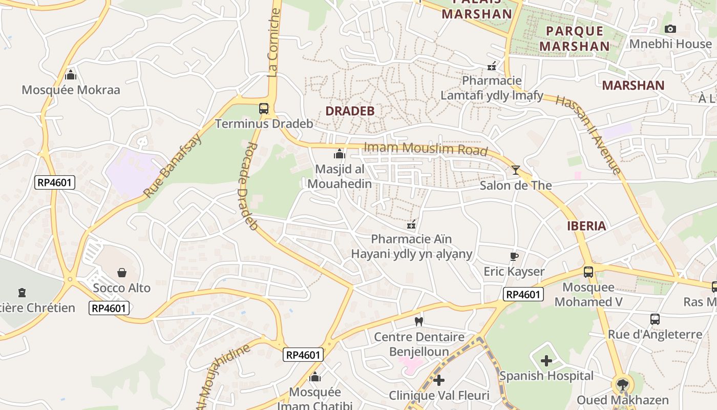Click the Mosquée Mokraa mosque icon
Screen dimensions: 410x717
pyautogui.click(x=71, y=75)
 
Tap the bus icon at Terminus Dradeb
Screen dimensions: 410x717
pyautogui.click(x=264, y=109)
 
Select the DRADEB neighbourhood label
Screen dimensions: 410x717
pyautogui.click(x=350, y=111)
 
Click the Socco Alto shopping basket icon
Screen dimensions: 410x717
pyautogui.click(x=122, y=272)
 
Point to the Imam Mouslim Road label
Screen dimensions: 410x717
pyautogui.click(x=425, y=149)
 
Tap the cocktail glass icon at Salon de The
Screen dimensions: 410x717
pyautogui.click(x=516, y=170)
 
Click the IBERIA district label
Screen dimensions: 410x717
pyautogui.click(x=586, y=225)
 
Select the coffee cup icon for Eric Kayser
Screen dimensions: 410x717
pyautogui.click(x=514, y=256)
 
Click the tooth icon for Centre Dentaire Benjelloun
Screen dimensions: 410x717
pyautogui.click(x=419, y=321)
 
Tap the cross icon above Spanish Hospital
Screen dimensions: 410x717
pyautogui.click(x=546, y=360)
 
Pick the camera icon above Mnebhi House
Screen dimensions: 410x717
pyautogui.click(x=670, y=29)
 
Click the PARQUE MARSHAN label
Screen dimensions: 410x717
pyautogui.click(x=575, y=38)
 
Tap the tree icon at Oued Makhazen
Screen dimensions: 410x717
pyautogui.click(x=622, y=384)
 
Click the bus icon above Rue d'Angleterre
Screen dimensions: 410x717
pyautogui.click(x=655, y=319)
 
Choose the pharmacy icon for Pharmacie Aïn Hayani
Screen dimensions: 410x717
pyautogui.click(x=411, y=224)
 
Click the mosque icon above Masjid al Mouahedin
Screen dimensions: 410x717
pyautogui.click(x=339, y=154)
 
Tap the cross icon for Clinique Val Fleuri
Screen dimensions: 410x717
pyautogui.click(x=439, y=380)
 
